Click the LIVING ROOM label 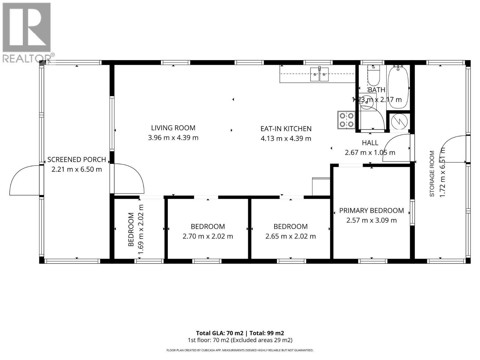click(173, 128)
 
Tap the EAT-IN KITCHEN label click(286, 129)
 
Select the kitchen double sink click(319, 74)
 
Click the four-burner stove click(346, 120)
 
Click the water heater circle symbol click(399, 121)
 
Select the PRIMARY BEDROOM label click(371, 211)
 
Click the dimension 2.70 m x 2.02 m click(208, 236)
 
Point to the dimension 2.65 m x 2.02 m click(290, 236)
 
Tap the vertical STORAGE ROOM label click(432, 174)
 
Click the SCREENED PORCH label click(76, 160)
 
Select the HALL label click(370, 143)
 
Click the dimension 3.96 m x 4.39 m click(173, 138)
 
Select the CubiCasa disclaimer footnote click(240, 350)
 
